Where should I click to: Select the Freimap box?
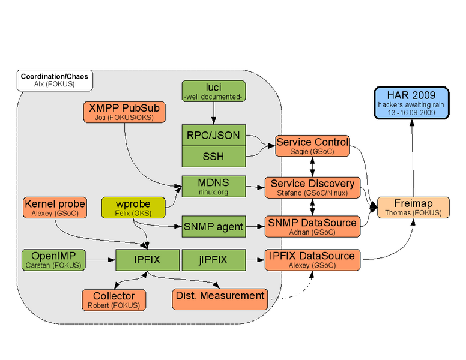tap(413, 208)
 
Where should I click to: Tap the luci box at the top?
tap(213, 91)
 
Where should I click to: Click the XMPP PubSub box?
tap(125, 112)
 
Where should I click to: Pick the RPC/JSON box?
tap(213, 136)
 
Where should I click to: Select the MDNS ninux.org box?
tap(213, 186)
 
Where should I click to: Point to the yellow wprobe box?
tap(133, 208)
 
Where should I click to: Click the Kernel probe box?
tap(55, 208)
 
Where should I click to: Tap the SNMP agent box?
tap(213, 227)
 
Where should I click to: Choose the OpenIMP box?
tap(54, 259)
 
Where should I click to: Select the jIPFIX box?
tap(213, 259)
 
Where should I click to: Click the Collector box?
tap(113, 299)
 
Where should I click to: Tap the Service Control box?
tap(312, 146)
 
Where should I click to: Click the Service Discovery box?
tap(312, 187)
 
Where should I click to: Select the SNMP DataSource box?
tap(312, 227)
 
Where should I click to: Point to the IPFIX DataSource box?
tap(312, 259)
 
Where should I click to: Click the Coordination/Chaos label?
tap(54, 80)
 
